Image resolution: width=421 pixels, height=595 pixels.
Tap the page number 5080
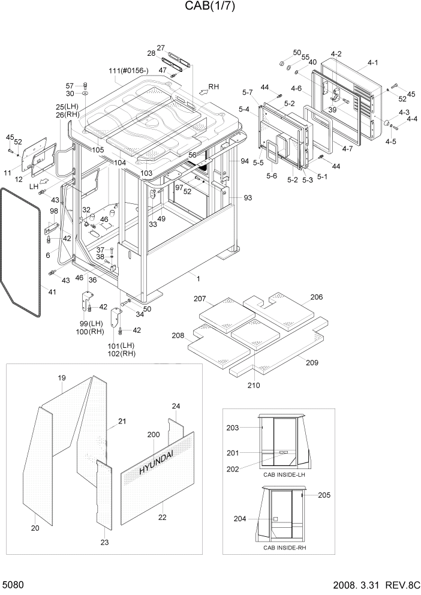tap(15, 584)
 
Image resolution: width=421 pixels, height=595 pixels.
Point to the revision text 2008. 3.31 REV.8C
tap(371, 585)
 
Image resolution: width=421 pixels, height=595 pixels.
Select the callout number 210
tap(254, 385)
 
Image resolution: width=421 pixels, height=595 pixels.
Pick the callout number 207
tap(200, 299)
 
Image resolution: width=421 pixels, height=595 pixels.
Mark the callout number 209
tap(311, 363)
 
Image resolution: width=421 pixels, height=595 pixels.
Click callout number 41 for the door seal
tap(52, 292)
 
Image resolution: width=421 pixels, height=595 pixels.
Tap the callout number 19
tap(61, 378)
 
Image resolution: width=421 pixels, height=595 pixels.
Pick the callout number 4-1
tap(372, 62)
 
